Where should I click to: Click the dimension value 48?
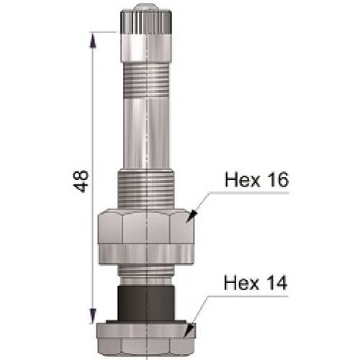82,180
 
